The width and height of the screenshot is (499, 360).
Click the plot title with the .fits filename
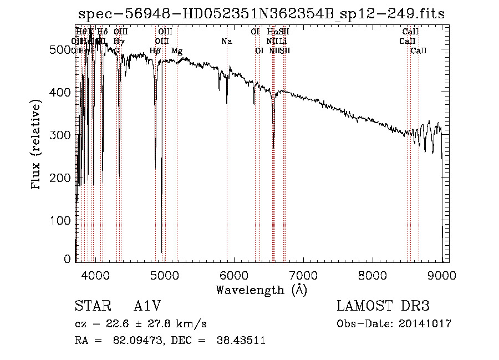click(261, 14)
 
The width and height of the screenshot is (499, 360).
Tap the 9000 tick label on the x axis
click(442, 275)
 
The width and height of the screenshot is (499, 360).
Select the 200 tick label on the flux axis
click(64, 178)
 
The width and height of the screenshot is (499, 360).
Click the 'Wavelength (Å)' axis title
click(261, 290)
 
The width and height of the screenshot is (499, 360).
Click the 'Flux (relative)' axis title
click(37, 145)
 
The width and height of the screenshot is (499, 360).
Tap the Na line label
click(226, 42)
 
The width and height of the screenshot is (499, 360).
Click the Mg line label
click(177, 51)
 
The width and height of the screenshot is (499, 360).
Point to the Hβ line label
click(155, 51)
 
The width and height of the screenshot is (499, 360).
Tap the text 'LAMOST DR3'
click(383, 306)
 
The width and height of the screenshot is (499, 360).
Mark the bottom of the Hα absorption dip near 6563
click(273, 147)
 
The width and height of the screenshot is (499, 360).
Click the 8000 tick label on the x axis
click(373, 275)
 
